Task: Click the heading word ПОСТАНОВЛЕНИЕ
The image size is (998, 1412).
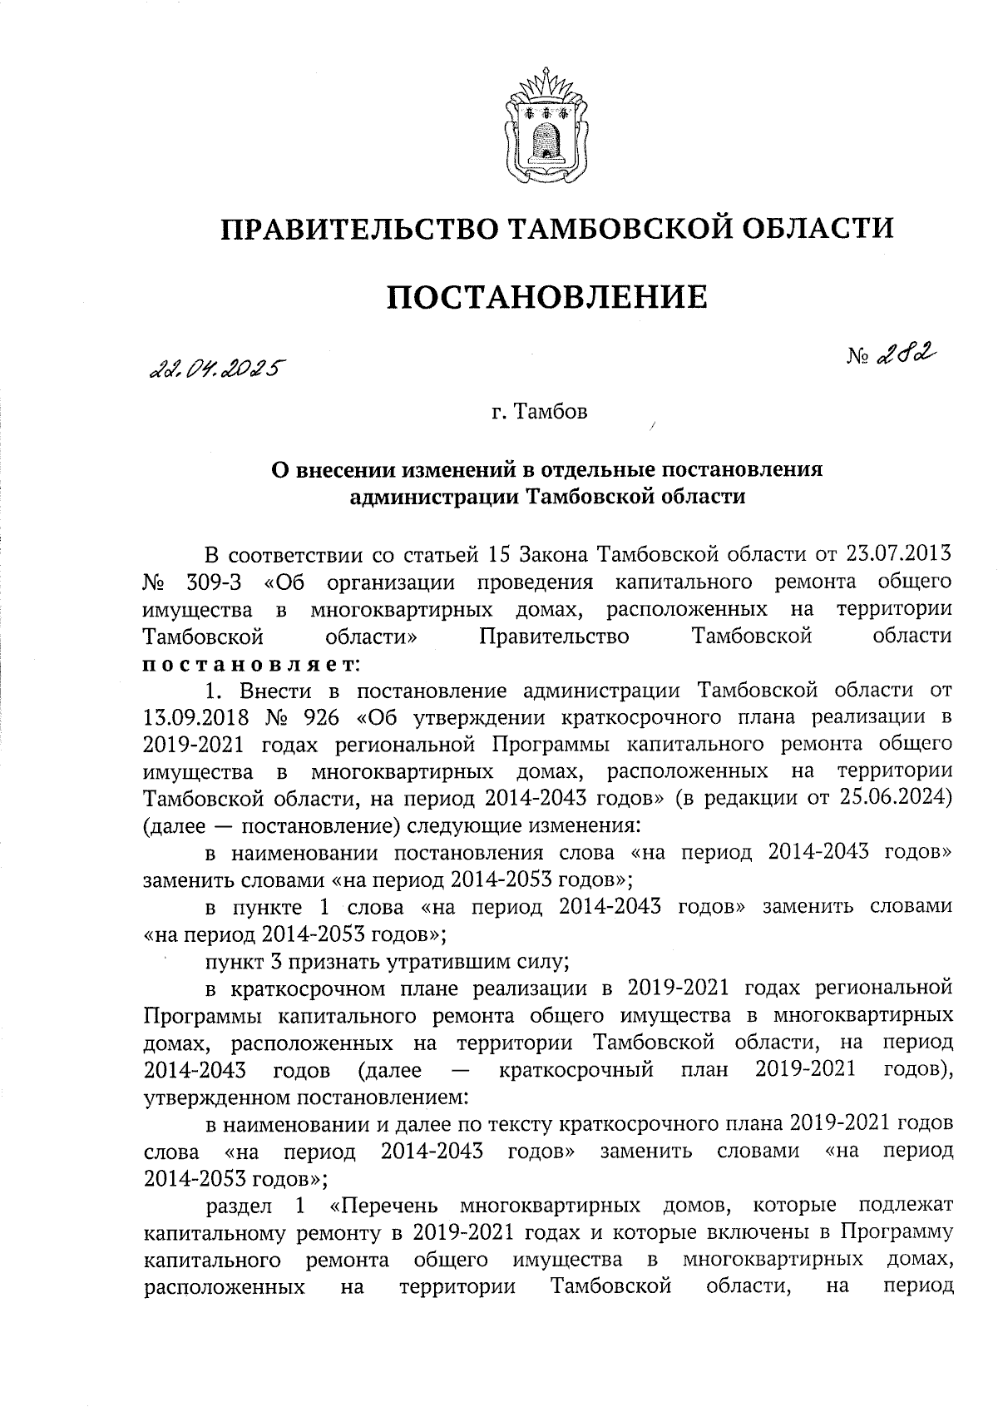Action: [546, 297]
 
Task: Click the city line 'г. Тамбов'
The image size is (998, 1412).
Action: [538, 412]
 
